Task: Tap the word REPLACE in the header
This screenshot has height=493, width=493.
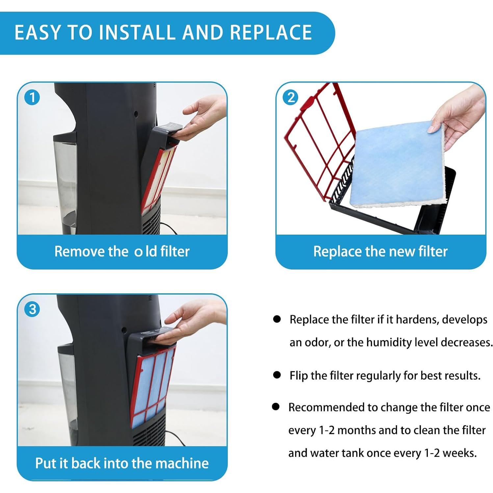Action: click(271, 32)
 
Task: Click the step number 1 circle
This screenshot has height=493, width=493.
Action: click(32, 97)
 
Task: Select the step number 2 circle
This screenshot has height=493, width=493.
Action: click(291, 97)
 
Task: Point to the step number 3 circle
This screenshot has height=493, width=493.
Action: click(32, 309)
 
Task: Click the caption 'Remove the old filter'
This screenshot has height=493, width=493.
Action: click(122, 251)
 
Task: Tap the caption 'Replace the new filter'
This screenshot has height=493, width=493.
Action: click(380, 251)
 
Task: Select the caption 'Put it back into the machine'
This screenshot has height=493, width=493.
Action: click(122, 463)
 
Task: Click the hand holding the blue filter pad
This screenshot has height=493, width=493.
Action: click(461, 112)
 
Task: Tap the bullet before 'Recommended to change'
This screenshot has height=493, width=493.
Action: click(276, 407)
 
